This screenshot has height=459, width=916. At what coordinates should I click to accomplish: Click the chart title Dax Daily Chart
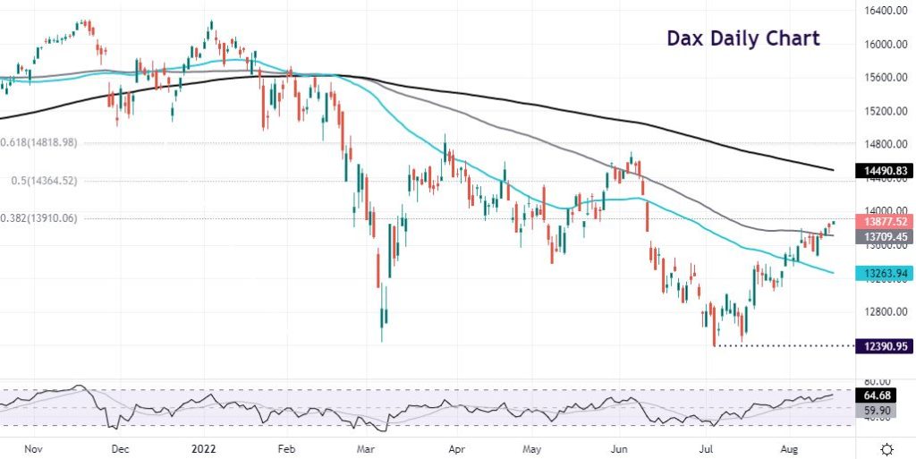coord(743,38)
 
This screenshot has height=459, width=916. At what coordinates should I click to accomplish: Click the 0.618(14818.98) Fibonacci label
coord(38,142)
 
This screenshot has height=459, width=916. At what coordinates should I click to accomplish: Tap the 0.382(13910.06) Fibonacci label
coord(38,217)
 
